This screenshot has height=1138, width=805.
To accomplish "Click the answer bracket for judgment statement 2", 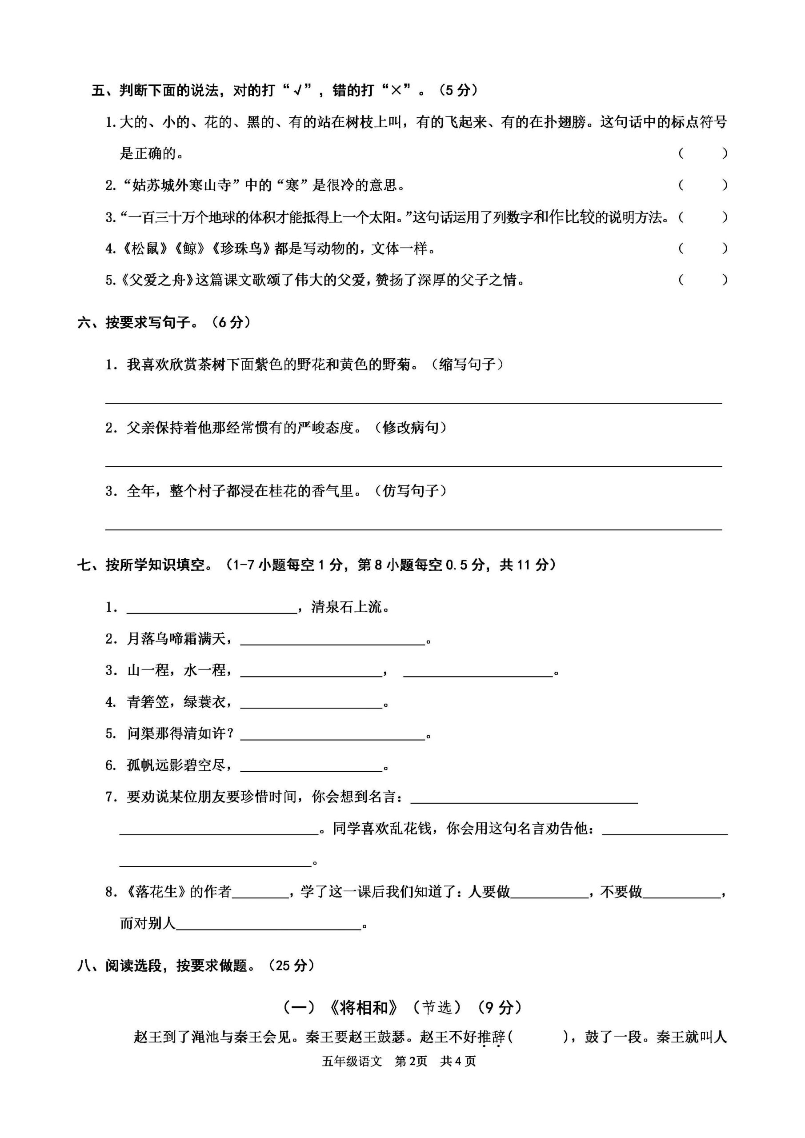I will click(702, 185).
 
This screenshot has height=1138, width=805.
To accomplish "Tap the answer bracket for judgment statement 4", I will click(702, 248).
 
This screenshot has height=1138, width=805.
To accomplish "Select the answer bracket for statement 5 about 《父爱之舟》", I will click(702, 280).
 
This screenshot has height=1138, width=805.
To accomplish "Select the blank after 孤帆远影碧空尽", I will click(311, 767).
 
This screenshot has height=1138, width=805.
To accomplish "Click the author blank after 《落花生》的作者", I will click(260, 893).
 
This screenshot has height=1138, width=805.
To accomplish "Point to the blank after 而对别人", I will click(268, 924).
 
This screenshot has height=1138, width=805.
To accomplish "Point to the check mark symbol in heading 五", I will click(298, 90).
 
